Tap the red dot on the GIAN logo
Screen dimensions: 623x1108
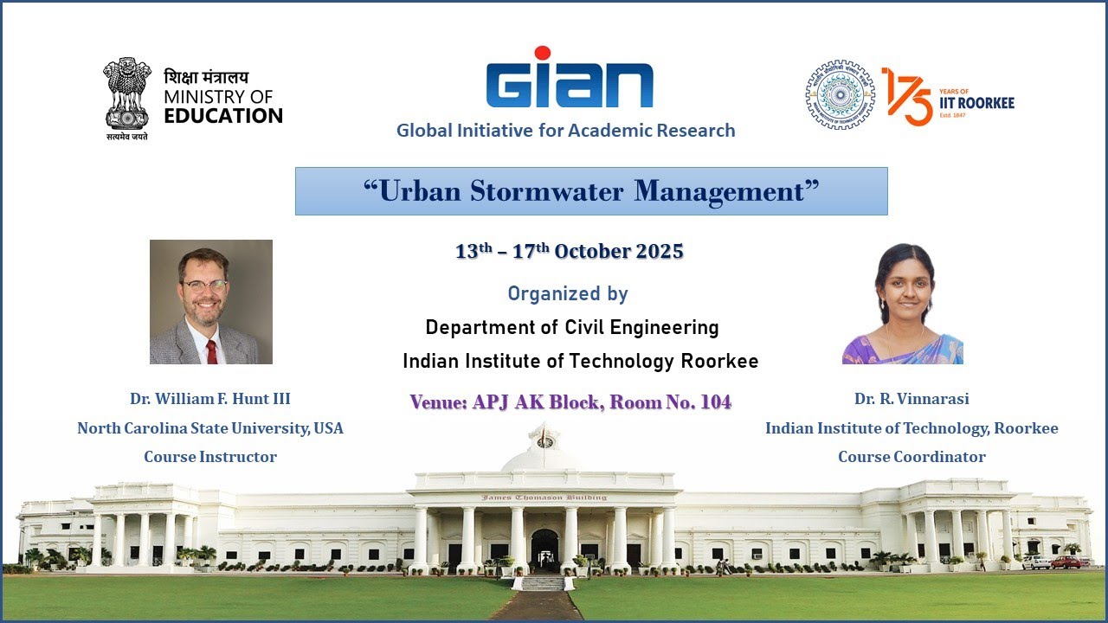pos(543,54)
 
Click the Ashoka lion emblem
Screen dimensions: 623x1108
pos(127,93)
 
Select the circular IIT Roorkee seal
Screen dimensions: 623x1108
pos(839,95)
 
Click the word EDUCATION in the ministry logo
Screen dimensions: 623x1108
pos(223,115)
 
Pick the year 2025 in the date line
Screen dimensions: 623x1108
pos(660,252)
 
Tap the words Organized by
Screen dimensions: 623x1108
pos(568,294)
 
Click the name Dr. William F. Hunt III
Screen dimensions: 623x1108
pos(210,399)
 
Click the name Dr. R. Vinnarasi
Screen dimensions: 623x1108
pos(912,399)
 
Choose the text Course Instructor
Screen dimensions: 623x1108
pos(210,457)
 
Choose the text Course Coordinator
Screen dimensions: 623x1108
pos(912,457)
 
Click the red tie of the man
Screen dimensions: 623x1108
pos(211,351)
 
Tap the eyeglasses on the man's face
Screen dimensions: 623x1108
pos(205,285)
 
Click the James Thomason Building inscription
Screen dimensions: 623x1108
pos(544,498)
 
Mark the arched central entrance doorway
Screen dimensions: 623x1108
pos(544,549)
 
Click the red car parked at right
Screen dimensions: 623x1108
pos(1066,562)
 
